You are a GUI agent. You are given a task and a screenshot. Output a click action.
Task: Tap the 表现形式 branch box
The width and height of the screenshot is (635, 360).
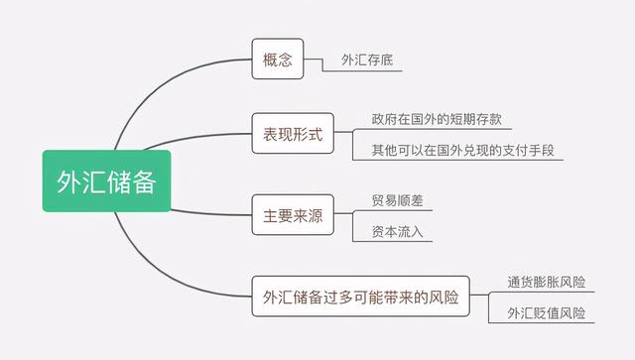tap(292, 134)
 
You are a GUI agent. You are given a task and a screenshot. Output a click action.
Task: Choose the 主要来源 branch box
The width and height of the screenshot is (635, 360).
tap(292, 211)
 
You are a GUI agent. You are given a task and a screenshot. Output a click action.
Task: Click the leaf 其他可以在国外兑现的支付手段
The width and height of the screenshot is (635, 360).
tap(461, 150)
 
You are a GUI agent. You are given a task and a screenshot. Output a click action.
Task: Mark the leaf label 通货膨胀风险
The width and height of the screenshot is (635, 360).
tap(545, 281)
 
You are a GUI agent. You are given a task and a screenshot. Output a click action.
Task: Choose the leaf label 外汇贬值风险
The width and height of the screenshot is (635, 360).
tap(545, 313)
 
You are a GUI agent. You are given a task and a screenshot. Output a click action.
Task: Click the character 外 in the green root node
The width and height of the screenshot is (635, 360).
tap(69, 181)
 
